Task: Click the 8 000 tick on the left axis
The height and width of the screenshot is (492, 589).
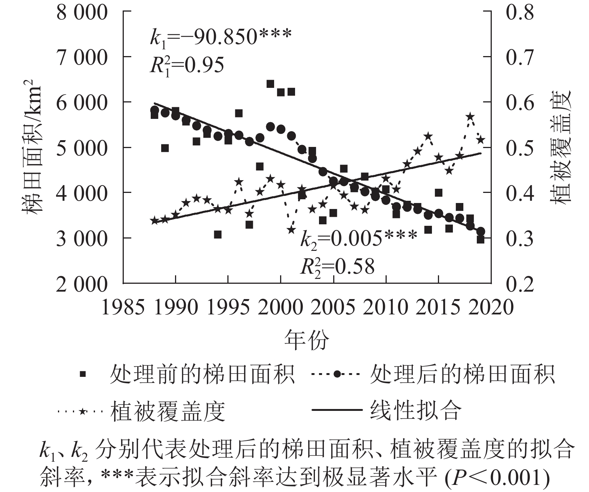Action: [82, 13]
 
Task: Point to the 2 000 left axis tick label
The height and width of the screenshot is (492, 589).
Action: [82, 284]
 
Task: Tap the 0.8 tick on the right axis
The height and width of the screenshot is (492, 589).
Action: [520, 13]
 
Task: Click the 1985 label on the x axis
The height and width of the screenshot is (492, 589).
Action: [123, 308]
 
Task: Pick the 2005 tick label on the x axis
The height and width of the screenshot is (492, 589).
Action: [333, 308]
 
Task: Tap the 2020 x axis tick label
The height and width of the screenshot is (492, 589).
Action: [491, 308]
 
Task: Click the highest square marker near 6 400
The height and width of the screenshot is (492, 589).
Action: [270, 84]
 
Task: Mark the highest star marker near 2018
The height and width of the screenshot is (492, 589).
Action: [470, 117]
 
